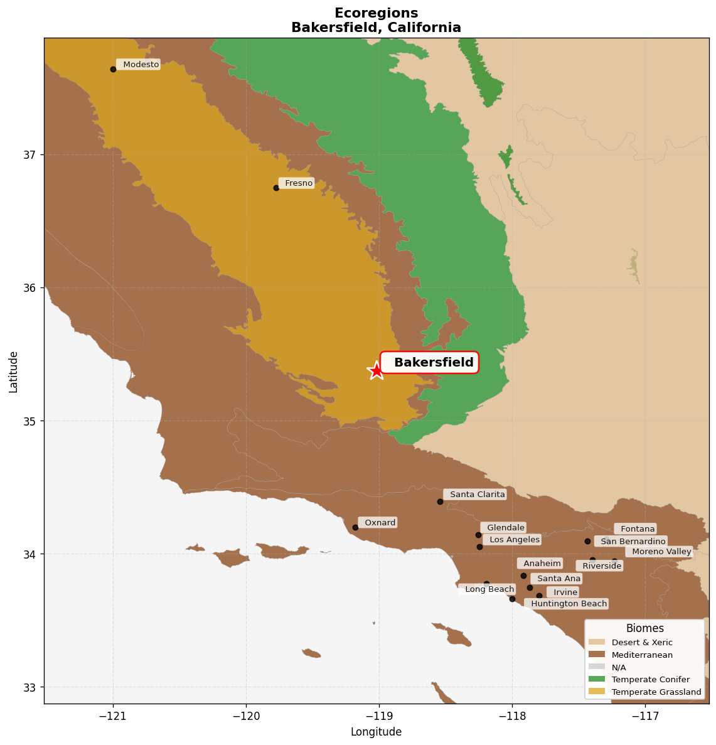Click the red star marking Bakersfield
coord(376,370)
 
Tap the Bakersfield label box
coord(430,363)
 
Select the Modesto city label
coord(139,65)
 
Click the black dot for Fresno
coord(276,188)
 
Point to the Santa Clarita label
coord(474,495)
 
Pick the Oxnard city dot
coord(355,527)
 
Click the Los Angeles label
coord(512,540)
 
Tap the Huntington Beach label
coord(567,604)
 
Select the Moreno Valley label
coord(660,552)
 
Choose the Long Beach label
coord(488,589)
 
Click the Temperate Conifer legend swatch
coord(597,679)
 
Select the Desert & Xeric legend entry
coord(641,642)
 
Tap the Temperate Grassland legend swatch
coord(597,692)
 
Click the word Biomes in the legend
coord(644,628)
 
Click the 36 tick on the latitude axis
coord(31,288)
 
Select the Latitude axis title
coord(13,372)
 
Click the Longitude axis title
coord(376,732)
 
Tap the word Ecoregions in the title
coord(376,13)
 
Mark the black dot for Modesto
coord(113,69)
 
